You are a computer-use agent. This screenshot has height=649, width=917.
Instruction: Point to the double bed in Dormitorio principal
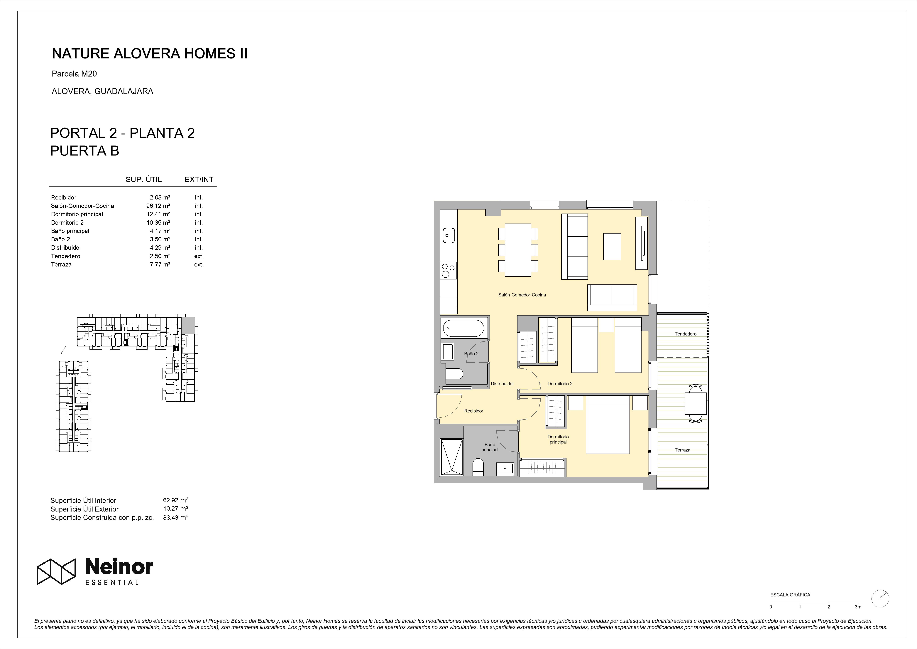click(608, 425)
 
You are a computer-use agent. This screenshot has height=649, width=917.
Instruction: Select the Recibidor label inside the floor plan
click(474, 411)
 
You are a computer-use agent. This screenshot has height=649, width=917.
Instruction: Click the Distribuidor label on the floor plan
click(502, 383)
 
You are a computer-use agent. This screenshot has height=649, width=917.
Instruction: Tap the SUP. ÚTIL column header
click(144, 180)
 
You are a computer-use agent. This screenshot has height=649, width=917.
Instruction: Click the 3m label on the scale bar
click(858, 618)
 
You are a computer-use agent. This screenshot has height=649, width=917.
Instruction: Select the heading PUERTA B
click(85, 151)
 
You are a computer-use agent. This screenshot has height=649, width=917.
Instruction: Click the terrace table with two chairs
click(696, 403)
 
